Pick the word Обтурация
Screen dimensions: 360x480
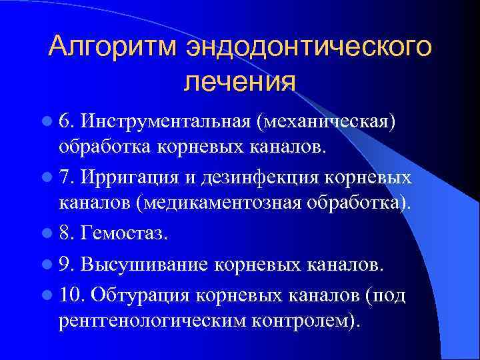click(x=139, y=293)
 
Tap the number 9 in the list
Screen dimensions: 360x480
click(x=65, y=265)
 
